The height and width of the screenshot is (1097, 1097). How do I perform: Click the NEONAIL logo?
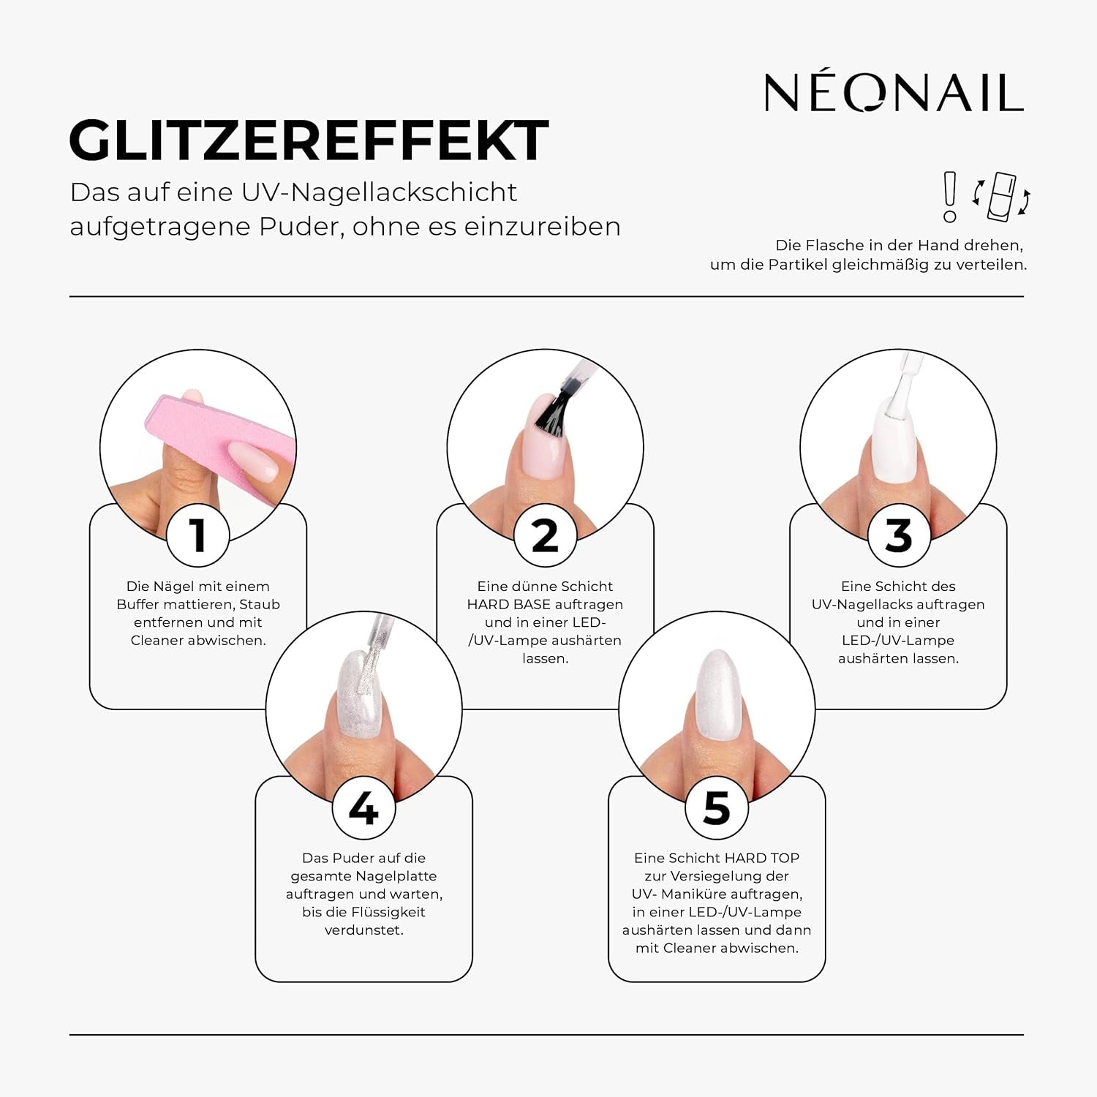tap(893, 93)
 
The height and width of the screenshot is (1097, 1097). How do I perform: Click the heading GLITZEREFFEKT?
tap(309, 140)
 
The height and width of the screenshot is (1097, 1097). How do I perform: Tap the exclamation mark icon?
tap(949, 196)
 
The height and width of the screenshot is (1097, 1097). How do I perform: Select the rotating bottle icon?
tap(1001, 196)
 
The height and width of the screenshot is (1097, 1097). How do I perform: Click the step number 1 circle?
tap(197, 535)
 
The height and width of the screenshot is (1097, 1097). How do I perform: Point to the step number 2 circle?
tap(545, 535)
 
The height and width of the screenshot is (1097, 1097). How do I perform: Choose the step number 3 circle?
tap(898, 535)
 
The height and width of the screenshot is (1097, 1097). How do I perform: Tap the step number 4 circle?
tap(363, 808)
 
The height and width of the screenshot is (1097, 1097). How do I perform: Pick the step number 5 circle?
tap(717, 808)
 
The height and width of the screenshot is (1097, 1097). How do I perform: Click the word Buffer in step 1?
tap(139, 605)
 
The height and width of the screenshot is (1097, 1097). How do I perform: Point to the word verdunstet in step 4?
tap(363, 930)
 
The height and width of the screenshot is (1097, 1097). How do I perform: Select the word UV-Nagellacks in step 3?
tap(864, 605)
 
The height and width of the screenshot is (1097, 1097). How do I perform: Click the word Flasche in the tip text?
tap(830, 246)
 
